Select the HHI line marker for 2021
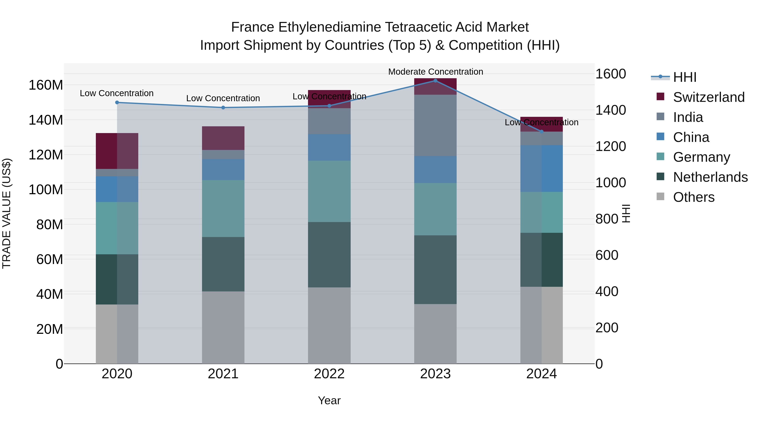(223, 108)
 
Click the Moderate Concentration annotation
(436, 72)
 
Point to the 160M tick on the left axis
(46, 85)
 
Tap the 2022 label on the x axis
(329, 374)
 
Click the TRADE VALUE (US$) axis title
(7, 213)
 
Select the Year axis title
(329, 400)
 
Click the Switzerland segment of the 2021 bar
(223, 138)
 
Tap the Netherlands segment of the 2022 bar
(329, 255)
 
